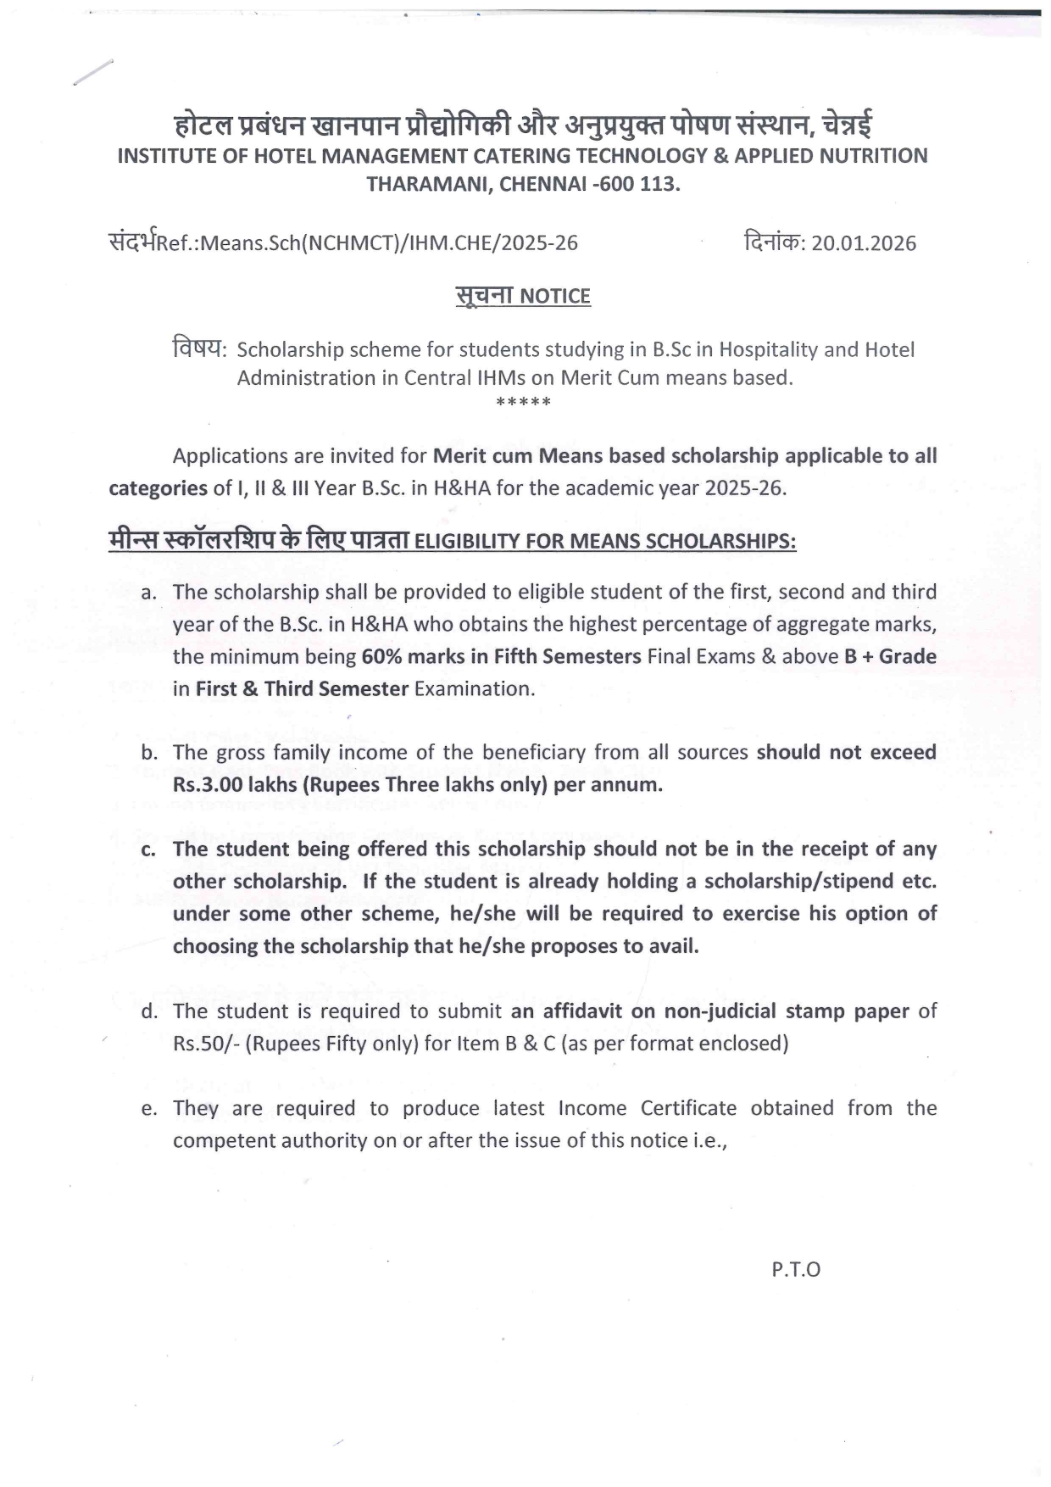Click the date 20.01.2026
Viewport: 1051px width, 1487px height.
[x=864, y=244]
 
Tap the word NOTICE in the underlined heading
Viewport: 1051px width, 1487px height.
[x=554, y=297]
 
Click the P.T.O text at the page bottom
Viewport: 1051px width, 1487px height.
[x=796, y=1270]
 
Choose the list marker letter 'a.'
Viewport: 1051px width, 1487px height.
[x=149, y=593]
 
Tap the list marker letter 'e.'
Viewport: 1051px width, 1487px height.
[x=149, y=1109]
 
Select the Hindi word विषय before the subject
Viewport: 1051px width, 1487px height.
[x=198, y=348]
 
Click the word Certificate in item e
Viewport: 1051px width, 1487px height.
[x=688, y=1109]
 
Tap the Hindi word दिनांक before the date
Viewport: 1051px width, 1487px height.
[x=772, y=242]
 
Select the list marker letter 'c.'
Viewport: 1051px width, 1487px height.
[x=149, y=850]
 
